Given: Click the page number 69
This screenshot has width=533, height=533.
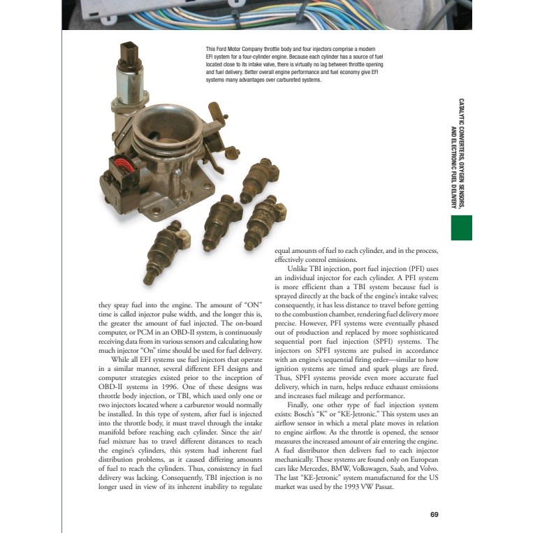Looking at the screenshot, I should tap(434, 515).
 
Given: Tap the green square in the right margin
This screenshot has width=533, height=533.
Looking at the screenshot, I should tap(462, 228).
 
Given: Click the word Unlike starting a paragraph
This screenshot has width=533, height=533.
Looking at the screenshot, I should tap(300, 268).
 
